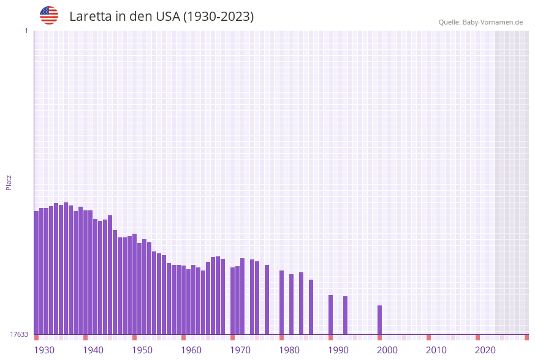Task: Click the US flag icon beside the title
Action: tap(49, 15)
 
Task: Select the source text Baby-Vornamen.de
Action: tap(493, 22)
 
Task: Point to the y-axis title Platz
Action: tap(9, 182)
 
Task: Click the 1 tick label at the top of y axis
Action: tap(26, 31)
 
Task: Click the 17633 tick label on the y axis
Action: tap(19, 334)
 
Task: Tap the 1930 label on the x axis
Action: tap(44, 350)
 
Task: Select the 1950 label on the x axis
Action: tap(142, 350)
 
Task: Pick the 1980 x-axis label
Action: tap(289, 350)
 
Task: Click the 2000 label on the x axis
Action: tap(387, 350)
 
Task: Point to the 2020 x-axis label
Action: tap(485, 350)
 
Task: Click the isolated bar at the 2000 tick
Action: tap(379, 320)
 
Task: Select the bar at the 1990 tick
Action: tap(330, 315)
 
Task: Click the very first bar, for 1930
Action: tap(36, 273)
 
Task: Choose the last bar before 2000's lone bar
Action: tap(345, 315)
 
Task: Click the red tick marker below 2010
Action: tap(428, 337)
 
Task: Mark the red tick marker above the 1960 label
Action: tap(183, 337)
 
